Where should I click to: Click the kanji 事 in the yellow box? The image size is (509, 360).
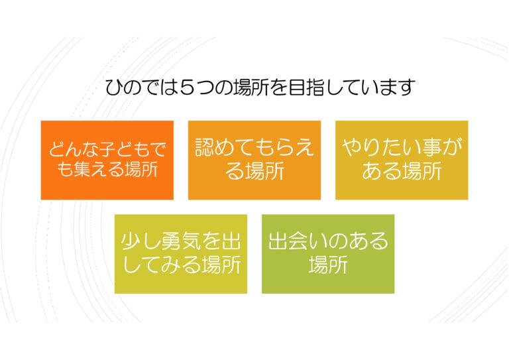pyautogui.click(x=431, y=147)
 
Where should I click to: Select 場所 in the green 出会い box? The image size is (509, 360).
pyautogui.click(x=328, y=265)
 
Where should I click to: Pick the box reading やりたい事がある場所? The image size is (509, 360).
pyautogui.click(x=402, y=160)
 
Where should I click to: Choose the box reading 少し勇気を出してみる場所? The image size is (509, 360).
pyautogui.click(x=181, y=254)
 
